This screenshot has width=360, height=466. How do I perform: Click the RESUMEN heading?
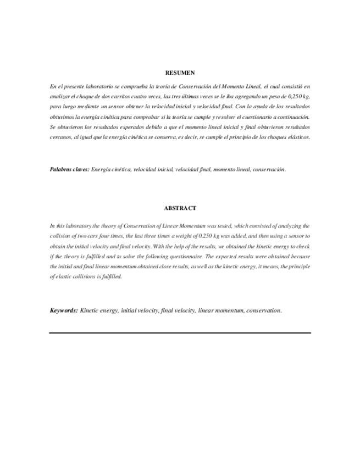(x=180, y=73)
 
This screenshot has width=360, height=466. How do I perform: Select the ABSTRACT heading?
(x=180, y=208)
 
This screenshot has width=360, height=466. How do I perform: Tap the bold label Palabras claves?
(x=69, y=170)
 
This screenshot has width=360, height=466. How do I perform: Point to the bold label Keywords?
(x=64, y=310)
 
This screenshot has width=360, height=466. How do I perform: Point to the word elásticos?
(x=297, y=137)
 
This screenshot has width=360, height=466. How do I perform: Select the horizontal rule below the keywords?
(x=180, y=332)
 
